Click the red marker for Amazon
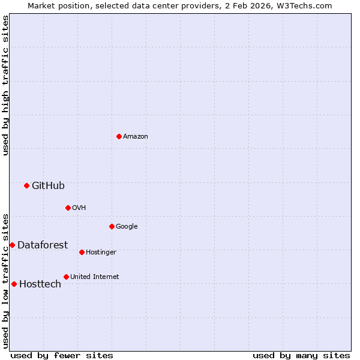point(119,136)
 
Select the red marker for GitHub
point(26,185)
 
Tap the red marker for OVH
point(68,208)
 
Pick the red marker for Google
point(112,226)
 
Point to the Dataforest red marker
point(12,245)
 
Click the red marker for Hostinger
point(82,252)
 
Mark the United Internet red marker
point(66,277)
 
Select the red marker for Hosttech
point(14,284)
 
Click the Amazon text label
point(136,137)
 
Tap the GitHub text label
point(48,186)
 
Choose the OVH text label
point(79,208)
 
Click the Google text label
point(127,227)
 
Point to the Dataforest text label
point(42,245)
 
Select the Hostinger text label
point(101,253)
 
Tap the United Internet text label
point(94,277)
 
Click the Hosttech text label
point(40,284)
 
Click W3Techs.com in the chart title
point(302,6)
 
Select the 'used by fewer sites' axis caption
point(62,355)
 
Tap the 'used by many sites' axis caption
point(301,355)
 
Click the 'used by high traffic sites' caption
point(5,85)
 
